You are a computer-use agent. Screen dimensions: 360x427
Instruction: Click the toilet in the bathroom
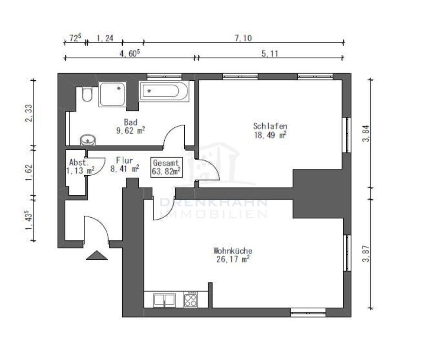click(86, 94)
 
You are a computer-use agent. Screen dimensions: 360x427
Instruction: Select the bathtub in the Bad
click(164, 91)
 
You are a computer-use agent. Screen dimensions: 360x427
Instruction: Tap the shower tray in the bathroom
click(112, 94)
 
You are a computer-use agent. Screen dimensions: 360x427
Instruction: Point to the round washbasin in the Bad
click(88, 140)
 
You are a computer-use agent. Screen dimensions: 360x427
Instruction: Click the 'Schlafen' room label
click(270, 126)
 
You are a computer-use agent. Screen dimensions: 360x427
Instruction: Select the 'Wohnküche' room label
click(233, 251)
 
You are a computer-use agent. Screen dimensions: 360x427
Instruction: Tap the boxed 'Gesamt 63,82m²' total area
click(166, 168)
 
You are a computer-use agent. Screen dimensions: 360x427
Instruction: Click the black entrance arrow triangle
click(97, 255)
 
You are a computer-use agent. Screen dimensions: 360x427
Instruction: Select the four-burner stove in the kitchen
click(190, 300)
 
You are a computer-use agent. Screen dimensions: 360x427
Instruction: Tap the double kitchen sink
click(164, 300)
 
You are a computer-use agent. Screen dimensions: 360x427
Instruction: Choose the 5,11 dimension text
click(270, 54)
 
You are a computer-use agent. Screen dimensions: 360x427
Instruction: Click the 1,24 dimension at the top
click(105, 38)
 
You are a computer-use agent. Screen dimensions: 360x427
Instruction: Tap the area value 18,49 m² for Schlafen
click(270, 135)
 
